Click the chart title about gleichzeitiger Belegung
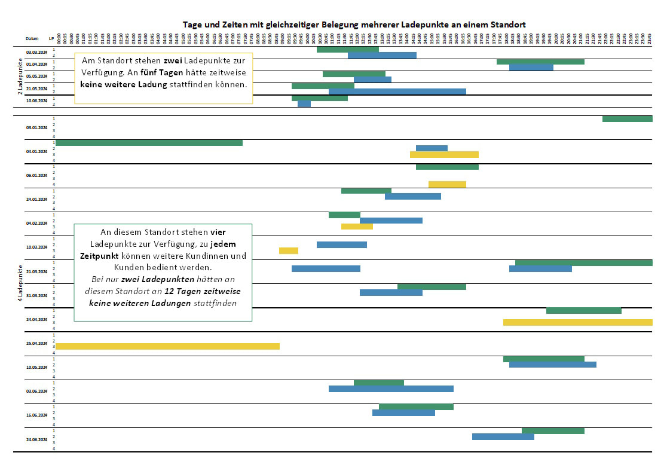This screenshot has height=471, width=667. click(354, 25)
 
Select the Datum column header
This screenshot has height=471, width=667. click(32, 38)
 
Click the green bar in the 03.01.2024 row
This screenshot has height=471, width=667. click(627, 119)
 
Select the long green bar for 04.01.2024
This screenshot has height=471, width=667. click(149, 142)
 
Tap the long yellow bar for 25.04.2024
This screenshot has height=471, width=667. click(167, 346)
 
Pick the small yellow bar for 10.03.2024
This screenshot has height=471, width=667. click(289, 250)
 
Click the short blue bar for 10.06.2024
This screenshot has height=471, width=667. click(304, 104)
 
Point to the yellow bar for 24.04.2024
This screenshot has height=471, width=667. click(577, 322)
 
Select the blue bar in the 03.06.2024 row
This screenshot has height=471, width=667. click(391, 389)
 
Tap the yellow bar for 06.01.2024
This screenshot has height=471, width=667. click(447, 184)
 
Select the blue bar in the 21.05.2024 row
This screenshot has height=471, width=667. click(397, 91)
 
